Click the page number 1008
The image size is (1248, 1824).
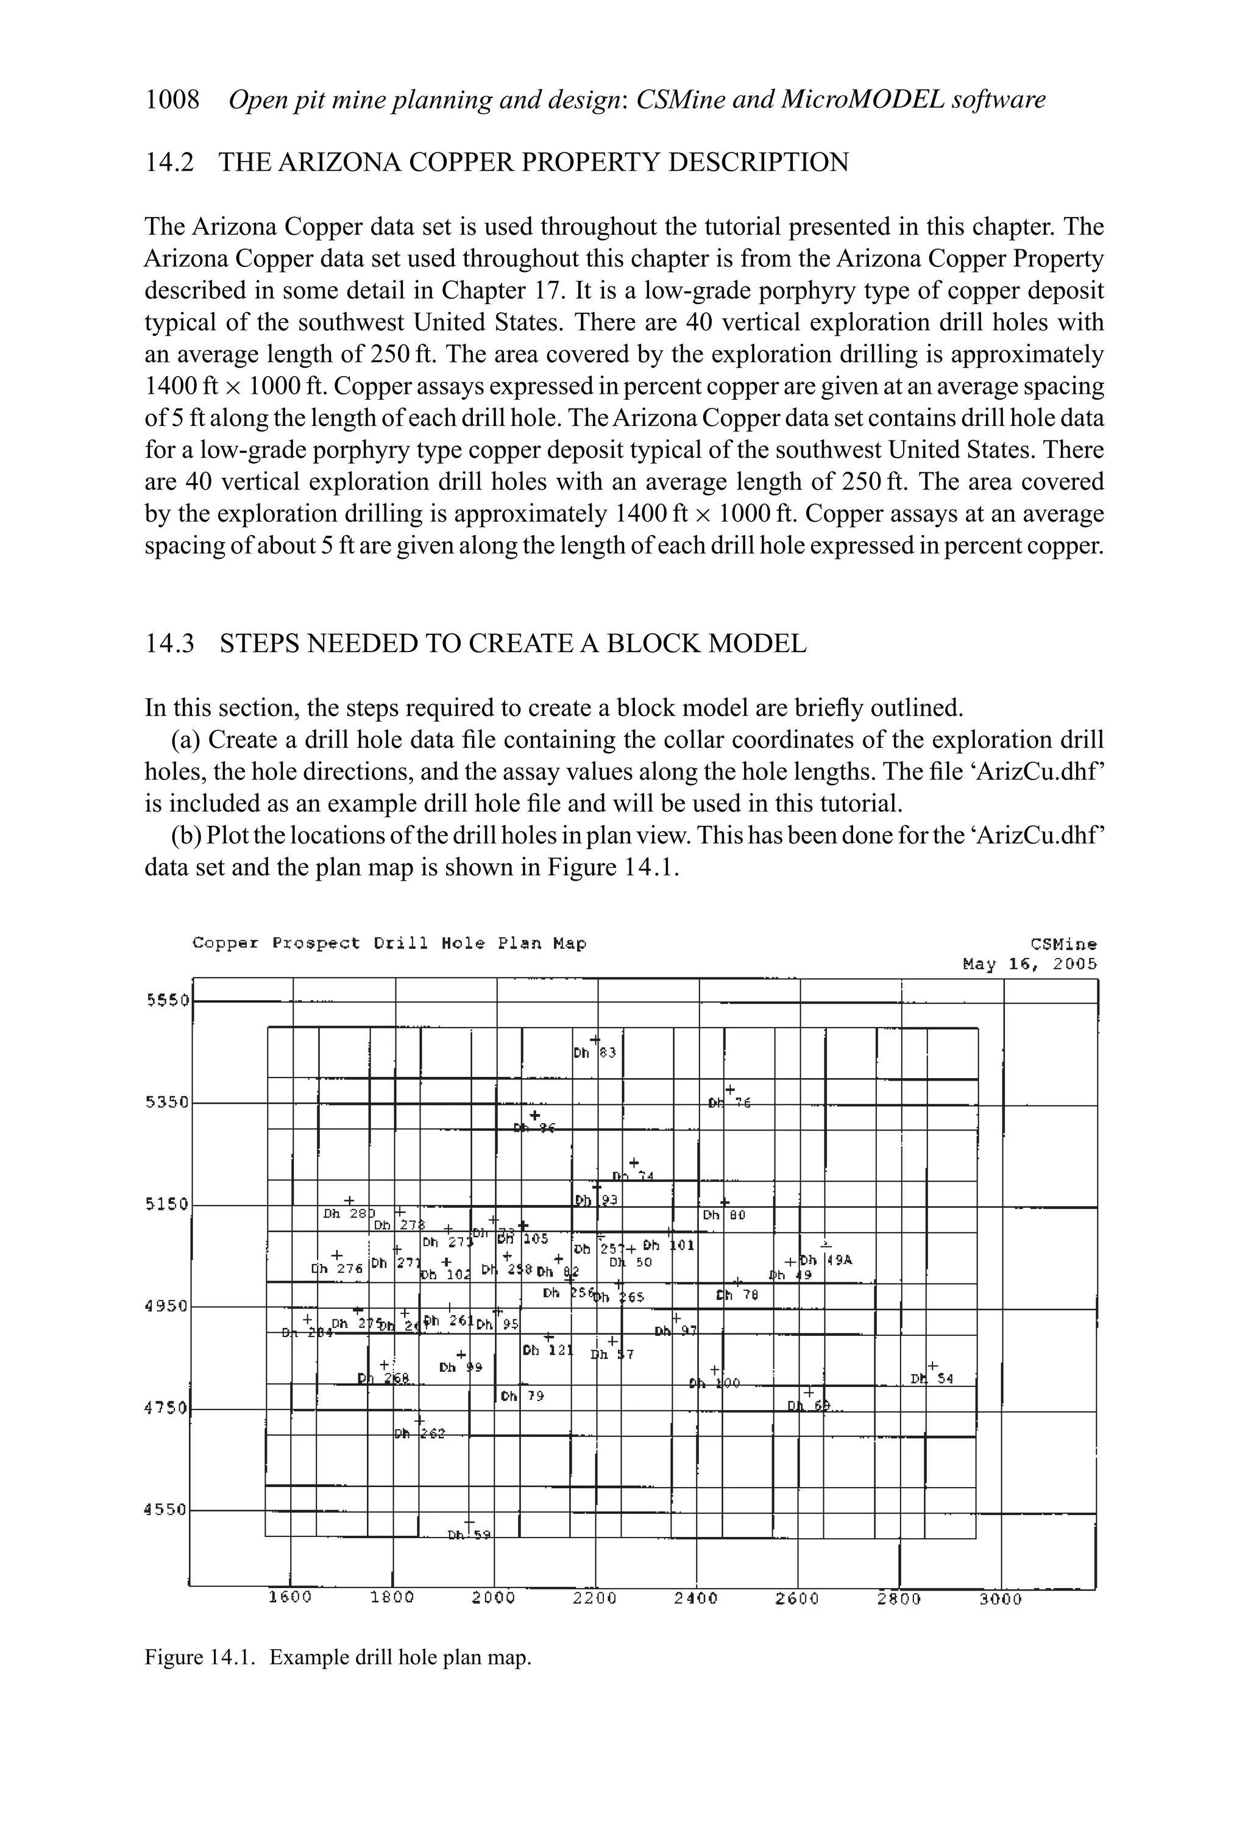[172, 101]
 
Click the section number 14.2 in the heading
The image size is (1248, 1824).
[169, 163]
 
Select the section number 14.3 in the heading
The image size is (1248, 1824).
[169, 644]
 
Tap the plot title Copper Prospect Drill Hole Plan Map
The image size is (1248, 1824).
[389, 943]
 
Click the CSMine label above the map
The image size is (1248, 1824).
[1063, 944]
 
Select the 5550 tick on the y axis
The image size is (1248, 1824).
[167, 1001]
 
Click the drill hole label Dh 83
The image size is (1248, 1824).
[594, 1053]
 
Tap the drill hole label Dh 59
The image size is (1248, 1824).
[469, 1535]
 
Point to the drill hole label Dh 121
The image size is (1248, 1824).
[548, 1350]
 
